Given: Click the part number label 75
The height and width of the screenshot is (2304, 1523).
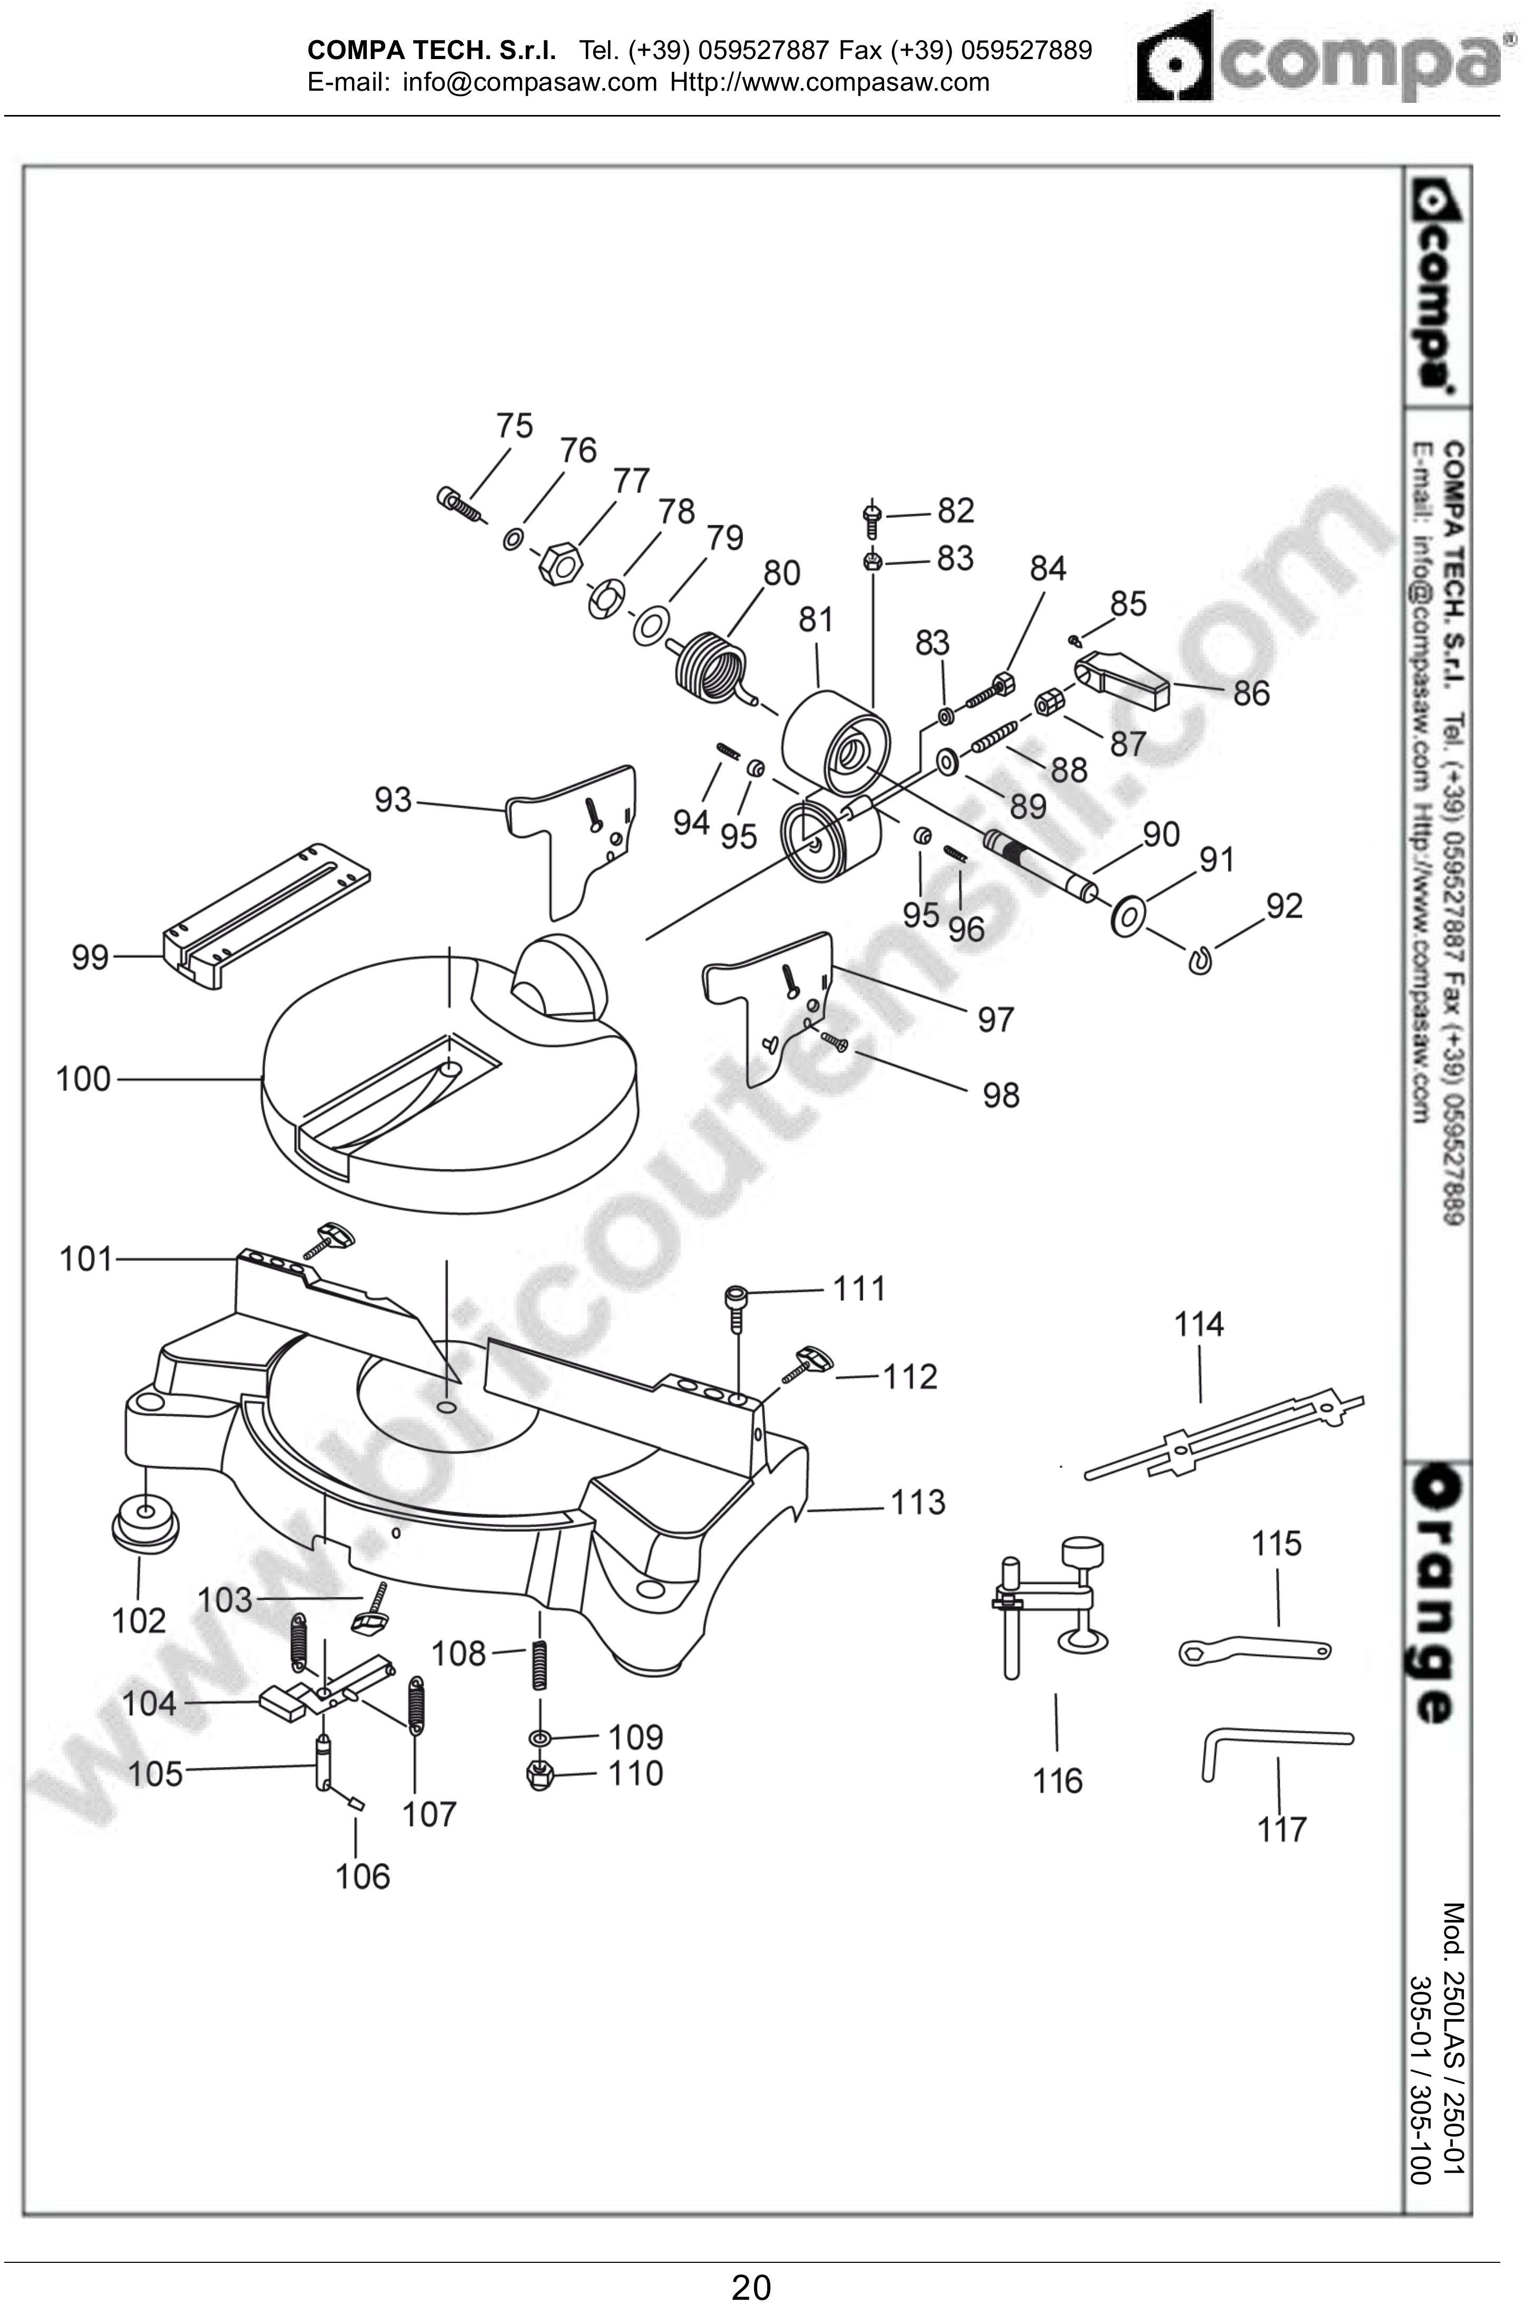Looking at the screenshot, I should tap(515, 426).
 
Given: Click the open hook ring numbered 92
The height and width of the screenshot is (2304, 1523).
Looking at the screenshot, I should tap(1201, 960).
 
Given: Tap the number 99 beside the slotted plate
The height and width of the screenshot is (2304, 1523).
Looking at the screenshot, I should tap(90, 958).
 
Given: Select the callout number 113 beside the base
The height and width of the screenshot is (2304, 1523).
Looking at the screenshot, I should tap(918, 1503).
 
